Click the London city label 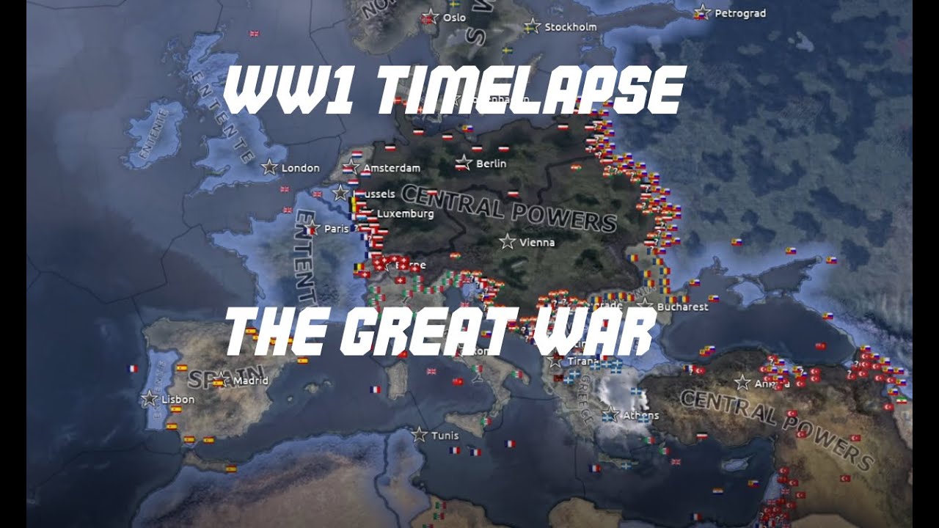301,168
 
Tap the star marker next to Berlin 463,163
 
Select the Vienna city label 537,243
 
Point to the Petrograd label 740,13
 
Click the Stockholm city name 571,27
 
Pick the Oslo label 454,18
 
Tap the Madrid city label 250,381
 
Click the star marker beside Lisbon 150,399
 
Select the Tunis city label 445,436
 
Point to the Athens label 640,415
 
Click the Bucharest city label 683,307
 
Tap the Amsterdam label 392,168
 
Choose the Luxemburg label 406,214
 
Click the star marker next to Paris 311,228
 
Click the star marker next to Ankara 742,382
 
